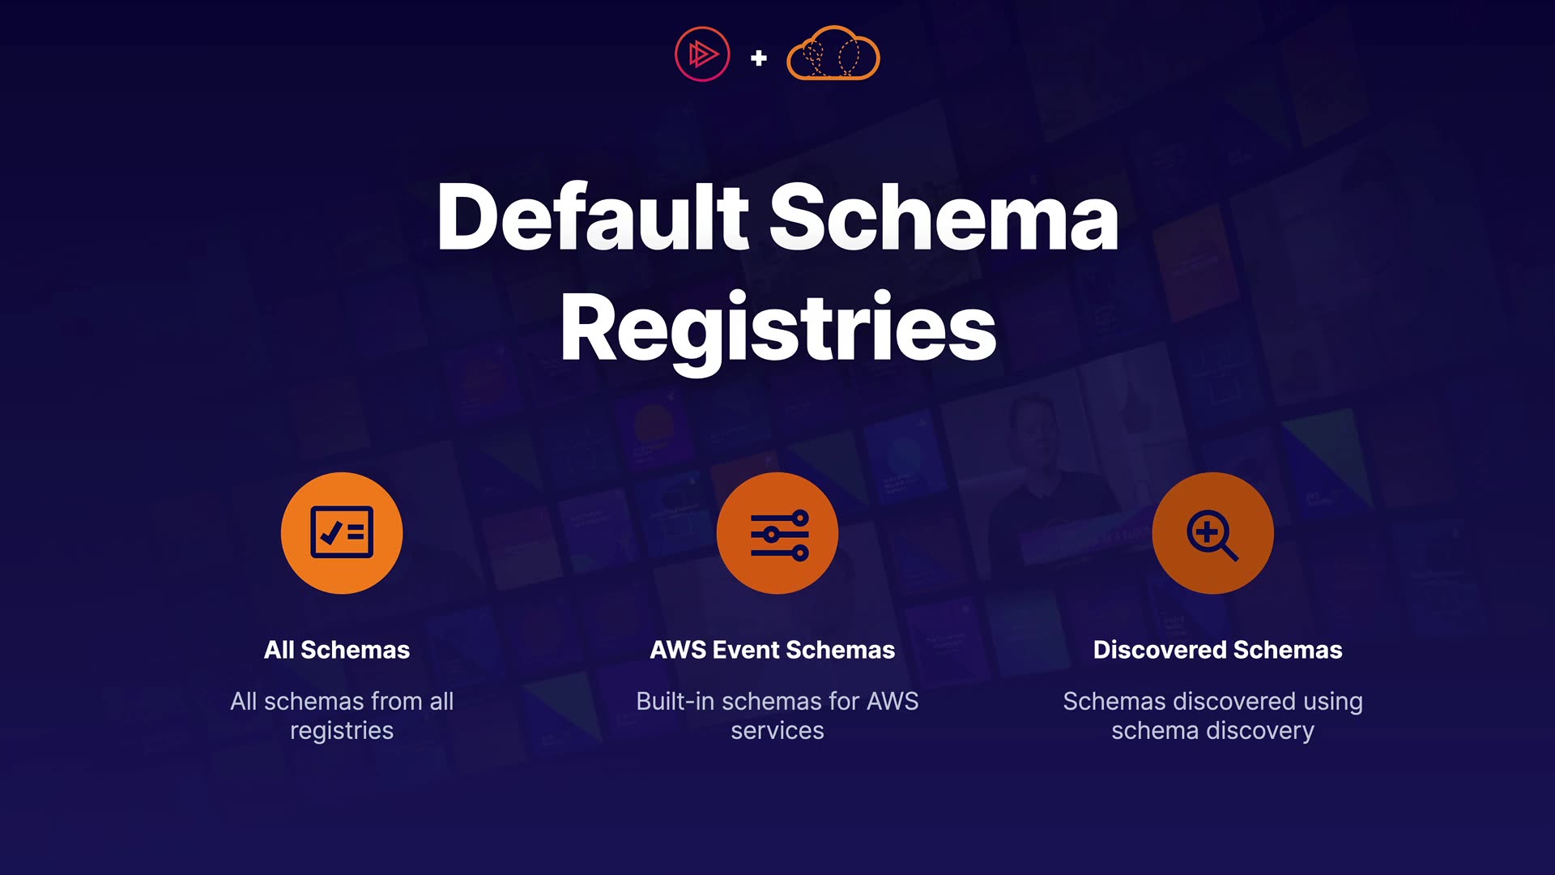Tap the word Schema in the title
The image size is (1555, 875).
point(944,217)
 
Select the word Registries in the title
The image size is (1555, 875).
point(777,329)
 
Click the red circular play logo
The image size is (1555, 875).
point(702,54)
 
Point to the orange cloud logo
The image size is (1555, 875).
point(833,54)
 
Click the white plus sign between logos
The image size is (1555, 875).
point(759,58)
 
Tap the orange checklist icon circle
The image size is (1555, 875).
point(342,533)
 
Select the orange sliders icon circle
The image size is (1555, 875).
point(777,533)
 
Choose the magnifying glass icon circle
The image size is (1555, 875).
point(1212,533)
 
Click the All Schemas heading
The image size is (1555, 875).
point(337,650)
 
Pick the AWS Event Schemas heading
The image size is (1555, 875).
point(773,650)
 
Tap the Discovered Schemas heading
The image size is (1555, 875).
point(1217,650)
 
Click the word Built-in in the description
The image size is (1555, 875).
point(675,701)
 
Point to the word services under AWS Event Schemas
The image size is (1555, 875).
point(777,731)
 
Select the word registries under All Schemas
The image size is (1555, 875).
point(342,731)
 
